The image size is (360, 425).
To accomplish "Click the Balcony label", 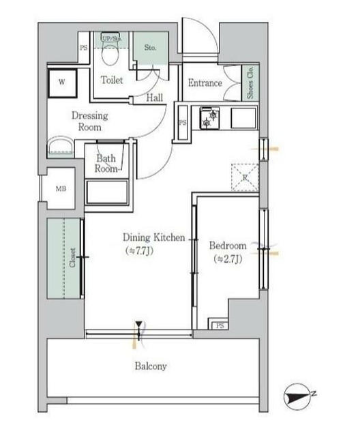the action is (x=151, y=366).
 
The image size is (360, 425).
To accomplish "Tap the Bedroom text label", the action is (x=228, y=246).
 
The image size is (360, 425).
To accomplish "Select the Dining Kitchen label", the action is (x=154, y=237).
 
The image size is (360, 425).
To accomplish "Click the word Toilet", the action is (x=112, y=80).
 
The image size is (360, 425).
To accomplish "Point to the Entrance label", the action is (x=205, y=83).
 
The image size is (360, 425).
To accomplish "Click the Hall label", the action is (x=155, y=98).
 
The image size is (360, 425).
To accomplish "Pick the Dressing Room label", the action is (x=90, y=121).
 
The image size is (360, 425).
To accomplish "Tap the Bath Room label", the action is (x=106, y=163).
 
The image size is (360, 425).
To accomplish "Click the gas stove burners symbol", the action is (x=210, y=118).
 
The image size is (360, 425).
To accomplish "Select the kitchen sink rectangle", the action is (x=244, y=118).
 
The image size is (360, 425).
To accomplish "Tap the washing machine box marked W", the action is (x=62, y=83).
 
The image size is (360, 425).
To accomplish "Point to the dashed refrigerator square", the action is (x=245, y=177).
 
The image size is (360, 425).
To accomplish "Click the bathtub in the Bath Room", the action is (x=107, y=192).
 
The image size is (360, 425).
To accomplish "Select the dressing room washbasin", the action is (x=61, y=147).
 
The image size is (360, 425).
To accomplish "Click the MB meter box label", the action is (x=61, y=189).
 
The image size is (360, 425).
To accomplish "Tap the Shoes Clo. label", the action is (x=250, y=83).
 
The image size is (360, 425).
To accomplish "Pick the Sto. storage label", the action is (x=150, y=48).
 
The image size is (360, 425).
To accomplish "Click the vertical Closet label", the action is (x=72, y=257).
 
